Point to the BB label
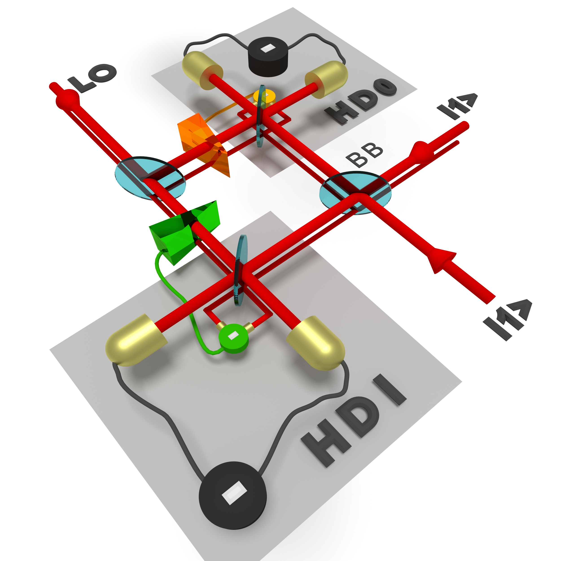[364, 155]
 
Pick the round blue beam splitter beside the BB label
[355, 193]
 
